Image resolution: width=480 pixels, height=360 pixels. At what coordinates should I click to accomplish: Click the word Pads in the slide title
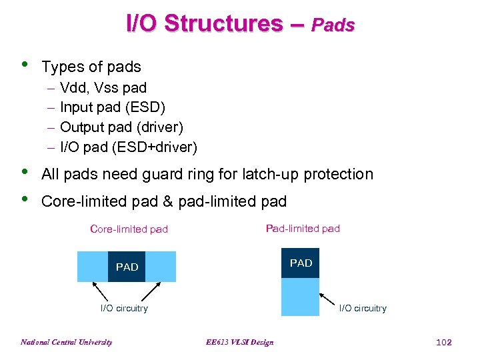coord(333,26)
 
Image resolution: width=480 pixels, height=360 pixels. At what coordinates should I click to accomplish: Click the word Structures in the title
coord(223,24)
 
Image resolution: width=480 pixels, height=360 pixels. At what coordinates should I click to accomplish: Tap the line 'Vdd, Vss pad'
coord(103,88)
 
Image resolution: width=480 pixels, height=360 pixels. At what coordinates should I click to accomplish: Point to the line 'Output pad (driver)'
coord(121,127)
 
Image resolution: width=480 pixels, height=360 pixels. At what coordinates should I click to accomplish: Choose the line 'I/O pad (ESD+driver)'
coord(128,147)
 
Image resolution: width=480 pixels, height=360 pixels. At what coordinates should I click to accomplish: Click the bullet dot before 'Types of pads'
coord(25,65)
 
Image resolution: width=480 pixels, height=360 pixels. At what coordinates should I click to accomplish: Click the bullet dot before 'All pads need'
coord(25,172)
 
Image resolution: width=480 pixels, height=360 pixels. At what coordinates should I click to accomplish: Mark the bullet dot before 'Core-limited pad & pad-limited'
coord(25,199)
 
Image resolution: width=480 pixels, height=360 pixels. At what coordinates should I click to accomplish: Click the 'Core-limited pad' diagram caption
coord(129,229)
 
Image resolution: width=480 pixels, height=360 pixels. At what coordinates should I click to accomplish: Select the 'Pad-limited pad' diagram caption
coord(303,229)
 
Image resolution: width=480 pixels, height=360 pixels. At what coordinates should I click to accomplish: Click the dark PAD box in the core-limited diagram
coord(127,267)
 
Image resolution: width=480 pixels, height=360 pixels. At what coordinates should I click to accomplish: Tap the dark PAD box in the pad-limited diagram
coord(301,263)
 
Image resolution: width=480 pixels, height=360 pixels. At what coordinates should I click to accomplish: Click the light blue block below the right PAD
coord(301,297)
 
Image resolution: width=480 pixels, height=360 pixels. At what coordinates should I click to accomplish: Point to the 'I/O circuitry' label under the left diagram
coord(124,308)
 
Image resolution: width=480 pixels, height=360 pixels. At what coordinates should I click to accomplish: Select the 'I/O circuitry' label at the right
coord(363,308)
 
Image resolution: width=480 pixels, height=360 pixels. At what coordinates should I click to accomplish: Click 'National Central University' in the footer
coord(67,343)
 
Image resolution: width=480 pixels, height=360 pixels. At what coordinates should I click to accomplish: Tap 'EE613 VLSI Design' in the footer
coord(239,343)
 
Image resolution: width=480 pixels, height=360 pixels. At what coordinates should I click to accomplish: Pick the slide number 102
coord(443,343)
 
